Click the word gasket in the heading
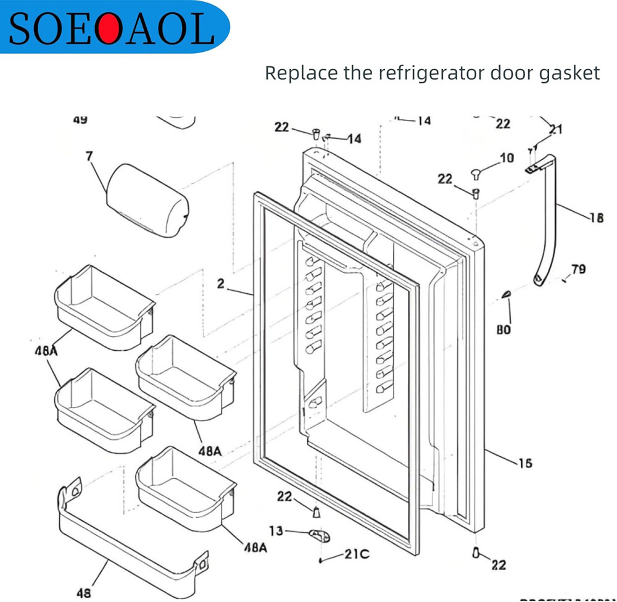[x=570, y=73]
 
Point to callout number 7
[x=89, y=156]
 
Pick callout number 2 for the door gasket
[x=220, y=284]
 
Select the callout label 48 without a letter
[x=83, y=593]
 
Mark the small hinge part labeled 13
[x=318, y=535]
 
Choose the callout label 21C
[x=357, y=554]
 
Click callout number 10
[x=507, y=158]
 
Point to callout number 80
[x=503, y=330]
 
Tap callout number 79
[x=578, y=269]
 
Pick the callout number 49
[x=80, y=120]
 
